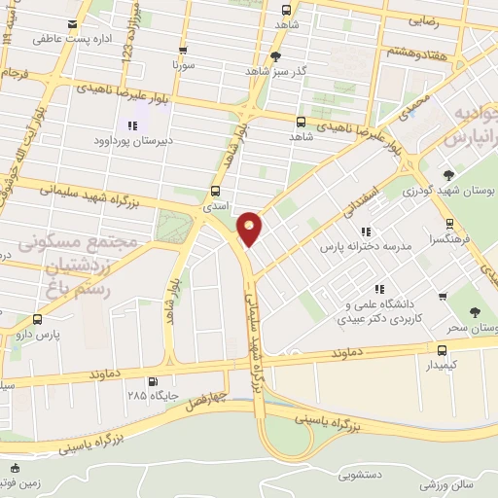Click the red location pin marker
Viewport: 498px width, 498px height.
(x=250, y=229)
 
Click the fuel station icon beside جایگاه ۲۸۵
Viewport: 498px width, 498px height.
(x=151, y=381)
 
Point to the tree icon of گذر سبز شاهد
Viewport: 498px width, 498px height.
(x=276, y=56)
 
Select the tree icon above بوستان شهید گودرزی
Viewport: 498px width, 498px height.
(x=447, y=174)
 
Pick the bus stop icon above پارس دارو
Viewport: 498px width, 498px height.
(x=38, y=319)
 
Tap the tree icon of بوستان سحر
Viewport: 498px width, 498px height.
(x=475, y=312)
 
